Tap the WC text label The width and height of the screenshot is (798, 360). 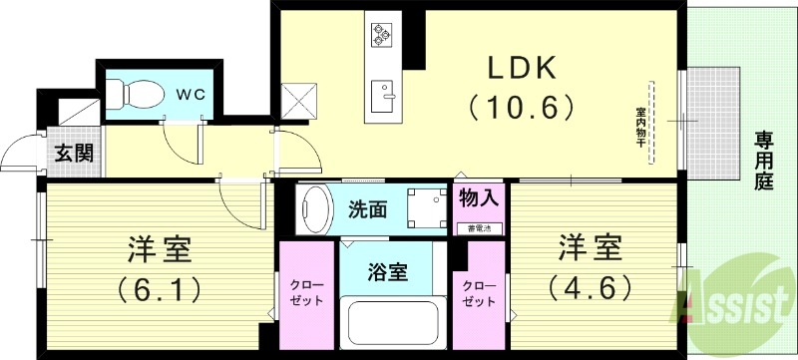coord(192,94)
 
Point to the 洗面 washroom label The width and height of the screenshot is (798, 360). coord(367,209)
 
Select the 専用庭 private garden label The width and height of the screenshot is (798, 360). coord(764,161)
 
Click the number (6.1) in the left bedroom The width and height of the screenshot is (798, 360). coord(160,288)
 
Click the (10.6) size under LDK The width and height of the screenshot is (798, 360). coord(523,104)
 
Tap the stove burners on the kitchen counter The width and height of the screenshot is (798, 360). coord(383,36)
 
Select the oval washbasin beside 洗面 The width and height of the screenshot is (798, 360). coord(316,208)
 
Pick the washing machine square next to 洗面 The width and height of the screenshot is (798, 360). coord(426,207)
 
